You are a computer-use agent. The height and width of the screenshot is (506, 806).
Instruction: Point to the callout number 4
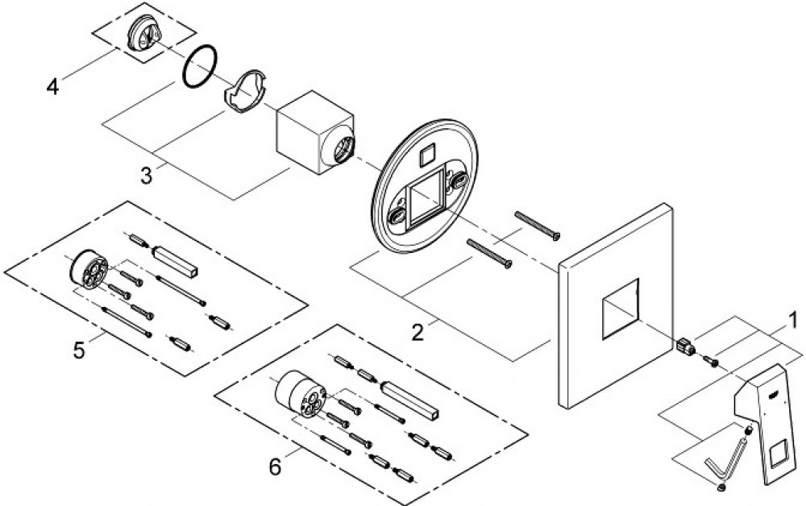[52, 85]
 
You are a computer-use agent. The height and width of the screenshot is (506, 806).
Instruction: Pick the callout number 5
[78, 350]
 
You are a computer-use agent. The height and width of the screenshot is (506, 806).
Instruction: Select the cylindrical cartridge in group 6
[298, 395]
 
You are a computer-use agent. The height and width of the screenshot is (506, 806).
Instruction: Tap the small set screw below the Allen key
[721, 485]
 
